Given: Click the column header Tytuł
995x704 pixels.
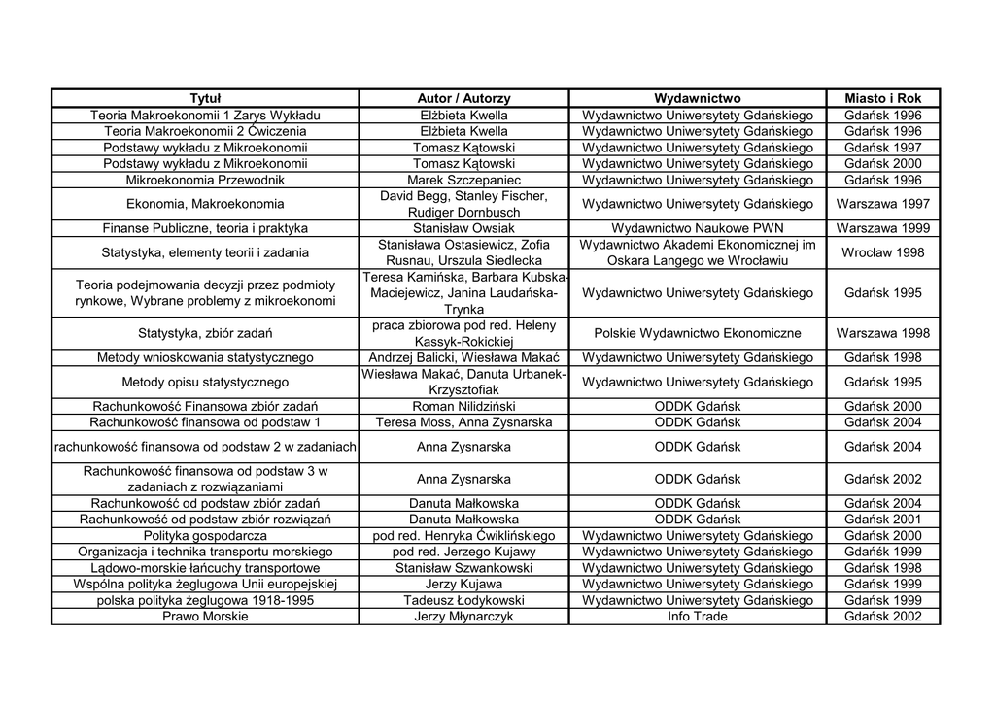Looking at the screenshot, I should [205, 98].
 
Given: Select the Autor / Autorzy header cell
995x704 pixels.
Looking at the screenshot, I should [463, 98].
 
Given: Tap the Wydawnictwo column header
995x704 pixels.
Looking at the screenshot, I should [697, 98].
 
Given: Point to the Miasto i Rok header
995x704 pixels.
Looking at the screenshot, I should [882, 98].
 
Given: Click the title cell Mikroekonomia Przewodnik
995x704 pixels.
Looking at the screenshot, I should [205, 180].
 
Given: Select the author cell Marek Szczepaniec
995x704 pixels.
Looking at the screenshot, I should [463, 180].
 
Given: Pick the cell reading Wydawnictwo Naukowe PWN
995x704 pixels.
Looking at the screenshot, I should [697, 228].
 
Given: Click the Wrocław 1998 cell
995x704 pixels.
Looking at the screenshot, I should [882, 252].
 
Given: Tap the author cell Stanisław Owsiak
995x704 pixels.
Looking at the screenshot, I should [463, 228].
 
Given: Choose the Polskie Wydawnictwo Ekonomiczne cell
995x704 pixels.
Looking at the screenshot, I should [697, 333].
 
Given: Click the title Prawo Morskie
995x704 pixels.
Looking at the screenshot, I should [205, 617].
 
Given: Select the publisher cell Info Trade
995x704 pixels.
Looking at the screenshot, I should [697, 617].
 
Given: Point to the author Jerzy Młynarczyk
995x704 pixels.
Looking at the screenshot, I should [463, 617].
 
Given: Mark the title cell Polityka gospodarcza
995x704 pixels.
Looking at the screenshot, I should [205, 536].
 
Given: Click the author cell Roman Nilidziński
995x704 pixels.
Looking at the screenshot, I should [463, 406].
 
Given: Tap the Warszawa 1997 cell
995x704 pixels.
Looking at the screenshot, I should [882, 204].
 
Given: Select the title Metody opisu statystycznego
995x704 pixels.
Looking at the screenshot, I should [205, 382].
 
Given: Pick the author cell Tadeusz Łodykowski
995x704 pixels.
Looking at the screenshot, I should [463, 600].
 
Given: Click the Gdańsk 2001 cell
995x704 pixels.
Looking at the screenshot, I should [882, 520].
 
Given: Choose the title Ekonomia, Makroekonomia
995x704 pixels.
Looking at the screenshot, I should [205, 204].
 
